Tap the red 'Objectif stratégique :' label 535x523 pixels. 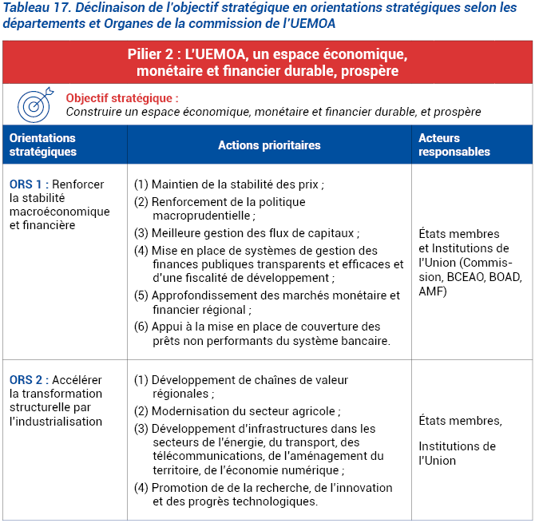click(122, 97)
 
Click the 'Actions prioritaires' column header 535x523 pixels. click(269, 145)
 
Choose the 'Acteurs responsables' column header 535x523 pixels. click(454, 145)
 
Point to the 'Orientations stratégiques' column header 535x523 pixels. click(43, 145)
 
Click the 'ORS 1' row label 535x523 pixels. click(25, 184)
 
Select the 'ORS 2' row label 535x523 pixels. click(26, 379)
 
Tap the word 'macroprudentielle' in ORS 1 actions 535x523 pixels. click(203, 216)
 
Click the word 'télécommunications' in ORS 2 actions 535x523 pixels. click(202, 456)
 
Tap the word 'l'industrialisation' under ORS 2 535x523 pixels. click(56, 421)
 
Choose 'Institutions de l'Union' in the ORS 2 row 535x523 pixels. click(457, 453)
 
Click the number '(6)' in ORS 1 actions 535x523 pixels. click(141, 327)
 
